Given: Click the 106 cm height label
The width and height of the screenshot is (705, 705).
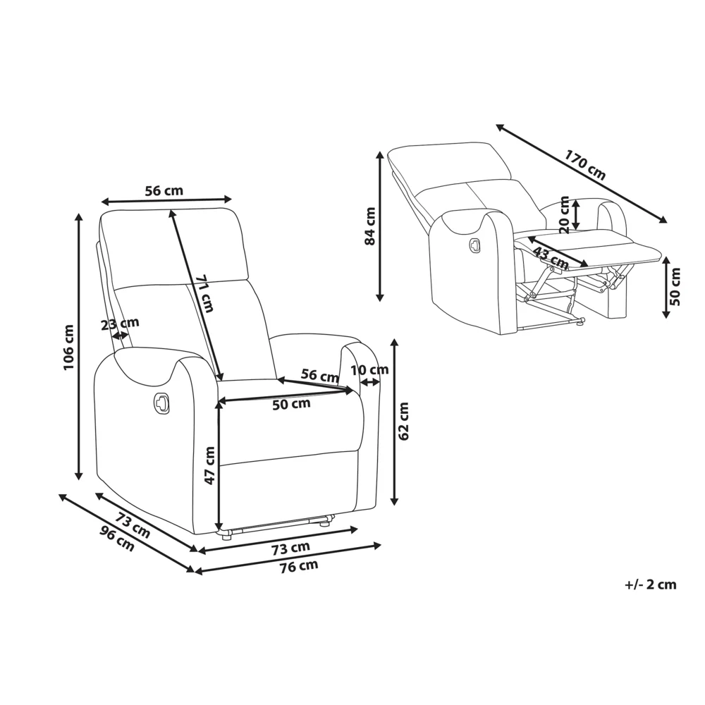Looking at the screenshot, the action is (x=68, y=347).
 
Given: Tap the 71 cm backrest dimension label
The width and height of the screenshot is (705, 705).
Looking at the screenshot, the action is (x=205, y=293).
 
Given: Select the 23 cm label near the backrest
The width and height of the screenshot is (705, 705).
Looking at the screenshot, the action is (x=120, y=324).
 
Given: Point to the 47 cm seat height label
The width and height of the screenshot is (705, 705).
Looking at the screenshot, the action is (x=209, y=465).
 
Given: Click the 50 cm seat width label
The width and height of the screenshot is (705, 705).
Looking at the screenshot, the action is (x=291, y=404).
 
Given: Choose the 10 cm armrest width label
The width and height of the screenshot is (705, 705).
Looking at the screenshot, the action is (x=369, y=370).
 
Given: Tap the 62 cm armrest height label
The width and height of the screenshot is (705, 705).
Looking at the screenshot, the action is (x=404, y=421).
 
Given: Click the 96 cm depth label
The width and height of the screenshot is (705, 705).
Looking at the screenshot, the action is (x=117, y=538).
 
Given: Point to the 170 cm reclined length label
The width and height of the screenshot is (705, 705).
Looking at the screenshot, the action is (x=585, y=165).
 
